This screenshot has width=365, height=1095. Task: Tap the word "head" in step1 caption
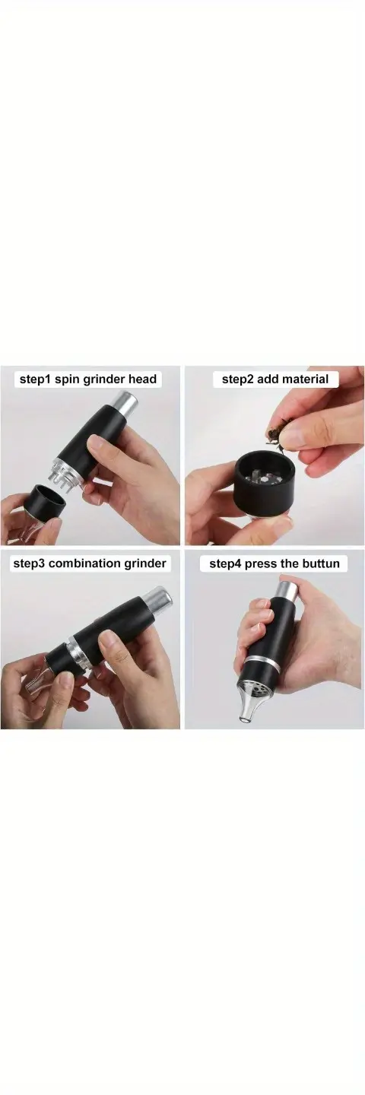[x=141, y=379]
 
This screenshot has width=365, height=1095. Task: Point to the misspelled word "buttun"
[x=322, y=563]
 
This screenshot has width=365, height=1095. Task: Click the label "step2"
[x=237, y=379]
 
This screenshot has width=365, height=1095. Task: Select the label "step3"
[x=28, y=563]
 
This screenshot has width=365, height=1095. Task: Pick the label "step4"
[x=225, y=563]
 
